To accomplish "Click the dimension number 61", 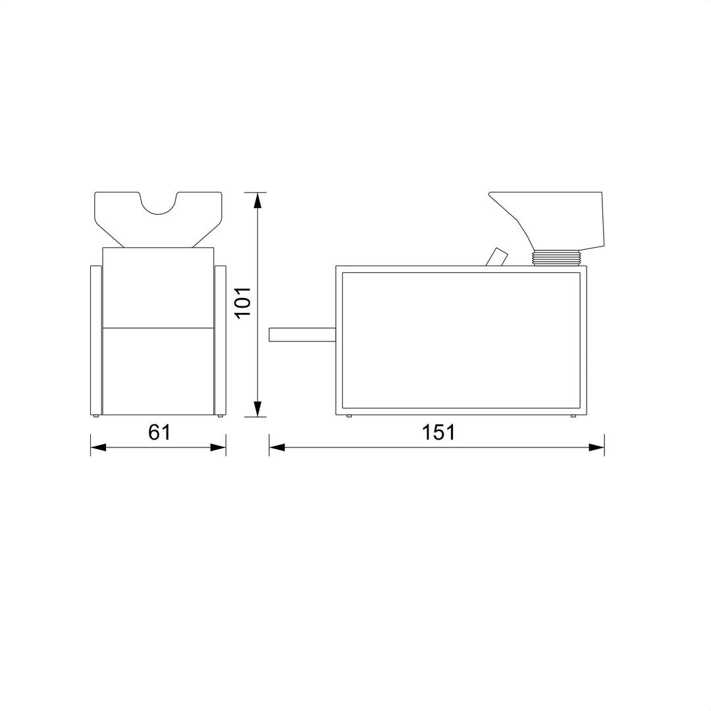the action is pos(159,432).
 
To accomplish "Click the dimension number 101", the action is pos(243,302).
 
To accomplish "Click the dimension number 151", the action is pos(438,432).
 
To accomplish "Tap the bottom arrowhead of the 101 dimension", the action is pos(257,409).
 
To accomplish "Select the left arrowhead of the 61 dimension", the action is pos(98,447).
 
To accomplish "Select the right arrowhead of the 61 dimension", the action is pos(218,447).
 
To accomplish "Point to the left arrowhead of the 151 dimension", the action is pos(276,447).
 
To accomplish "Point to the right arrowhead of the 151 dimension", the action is pos(596,447).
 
